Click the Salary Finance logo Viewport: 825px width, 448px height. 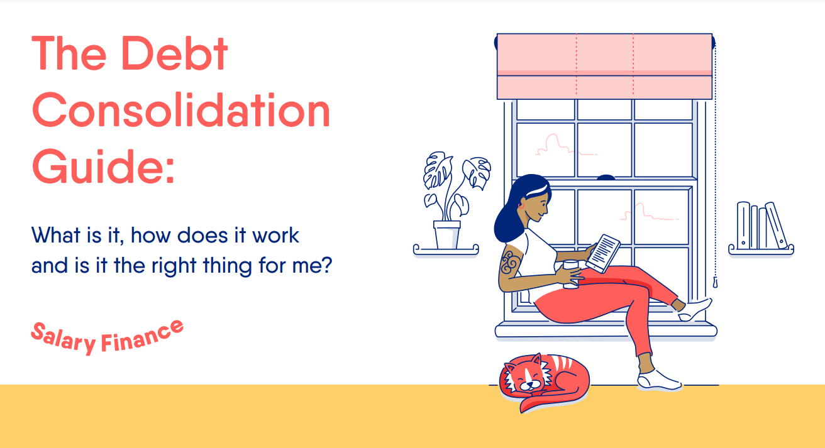[x=108, y=336]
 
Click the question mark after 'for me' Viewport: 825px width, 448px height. [x=326, y=265]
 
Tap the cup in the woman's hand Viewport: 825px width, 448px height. [x=571, y=275]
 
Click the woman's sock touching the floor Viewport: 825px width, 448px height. [x=657, y=380]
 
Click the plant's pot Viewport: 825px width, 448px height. [x=446, y=234]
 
